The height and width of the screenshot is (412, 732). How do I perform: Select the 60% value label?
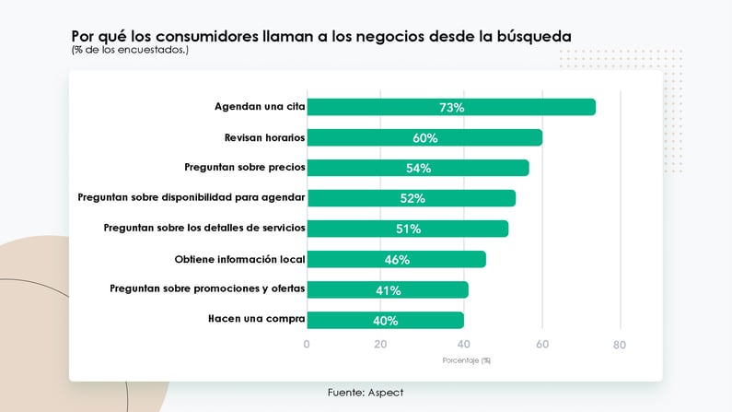tap(424, 137)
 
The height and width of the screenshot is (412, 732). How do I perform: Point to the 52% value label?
tap(412, 198)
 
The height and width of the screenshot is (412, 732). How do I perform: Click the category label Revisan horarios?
tap(264, 137)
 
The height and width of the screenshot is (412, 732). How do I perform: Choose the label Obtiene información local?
tap(239, 259)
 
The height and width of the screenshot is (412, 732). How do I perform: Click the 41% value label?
tap(388, 289)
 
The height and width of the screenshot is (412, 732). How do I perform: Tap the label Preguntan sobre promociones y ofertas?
tap(207, 289)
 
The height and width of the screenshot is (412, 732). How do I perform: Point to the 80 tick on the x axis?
tap(620, 345)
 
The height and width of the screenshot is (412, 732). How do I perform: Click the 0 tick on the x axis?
tap(307, 345)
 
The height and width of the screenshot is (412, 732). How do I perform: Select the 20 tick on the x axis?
tap(380, 345)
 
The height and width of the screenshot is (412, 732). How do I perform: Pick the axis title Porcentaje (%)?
tap(466, 360)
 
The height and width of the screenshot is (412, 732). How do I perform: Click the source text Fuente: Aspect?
tap(365, 393)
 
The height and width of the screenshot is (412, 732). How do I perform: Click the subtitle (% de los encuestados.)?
tap(130, 50)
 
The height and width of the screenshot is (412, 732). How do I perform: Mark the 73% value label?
tap(451, 107)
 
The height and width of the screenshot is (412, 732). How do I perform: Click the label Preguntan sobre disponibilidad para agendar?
tap(192, 198)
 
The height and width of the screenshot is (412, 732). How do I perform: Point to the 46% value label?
tap(397, 259)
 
